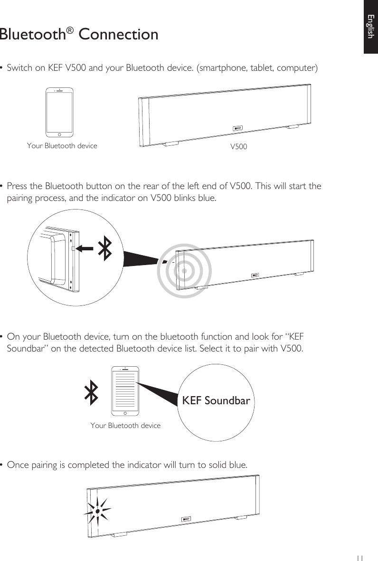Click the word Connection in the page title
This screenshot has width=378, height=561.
pyautogui.click(x=118, y=35)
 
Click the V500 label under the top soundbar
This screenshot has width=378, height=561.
pyautogui.click(x=238, y=146)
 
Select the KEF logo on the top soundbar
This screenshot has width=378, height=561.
pyautogui.click(x=238, y=128)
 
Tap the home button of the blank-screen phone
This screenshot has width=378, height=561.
pyautogui.click(x=60, y=133)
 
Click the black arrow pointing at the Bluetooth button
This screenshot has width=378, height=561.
pyautogui.click(x=85, y=248)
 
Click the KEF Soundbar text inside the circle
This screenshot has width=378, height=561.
pyautogui.click(x=216, y=400)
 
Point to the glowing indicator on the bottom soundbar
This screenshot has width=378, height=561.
pyautogui.click(x=97, y=511)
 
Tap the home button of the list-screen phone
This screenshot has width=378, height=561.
pyautogui.click(x=125, y=412)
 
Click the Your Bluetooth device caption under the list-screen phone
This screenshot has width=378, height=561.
pyautogui.click(x=125, y=426)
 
